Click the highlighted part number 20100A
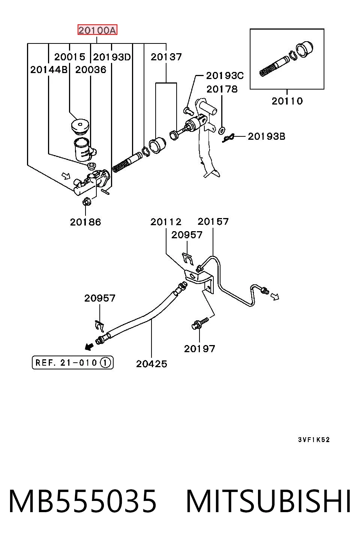[x=97, y=30]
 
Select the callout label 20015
[x=69, y=57]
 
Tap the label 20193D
[x=112, y=57]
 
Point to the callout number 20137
[x=166, y=57]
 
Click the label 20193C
[x=225, y=76]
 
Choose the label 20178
[x=222, y=90]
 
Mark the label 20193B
[x=266, y=136]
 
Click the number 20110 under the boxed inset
[x=287, y=101]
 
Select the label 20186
[x=85, y=222]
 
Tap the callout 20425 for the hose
[x=151, y=364]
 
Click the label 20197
[x=199, y=349]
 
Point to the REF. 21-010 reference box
[x=73, y=363]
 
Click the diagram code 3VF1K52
[x=314, y=439]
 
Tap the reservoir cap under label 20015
[x=80, y=126]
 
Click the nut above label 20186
[x=87, y=202]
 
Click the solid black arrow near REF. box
[x=89, y=347]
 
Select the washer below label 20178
[x=222, y=130]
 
